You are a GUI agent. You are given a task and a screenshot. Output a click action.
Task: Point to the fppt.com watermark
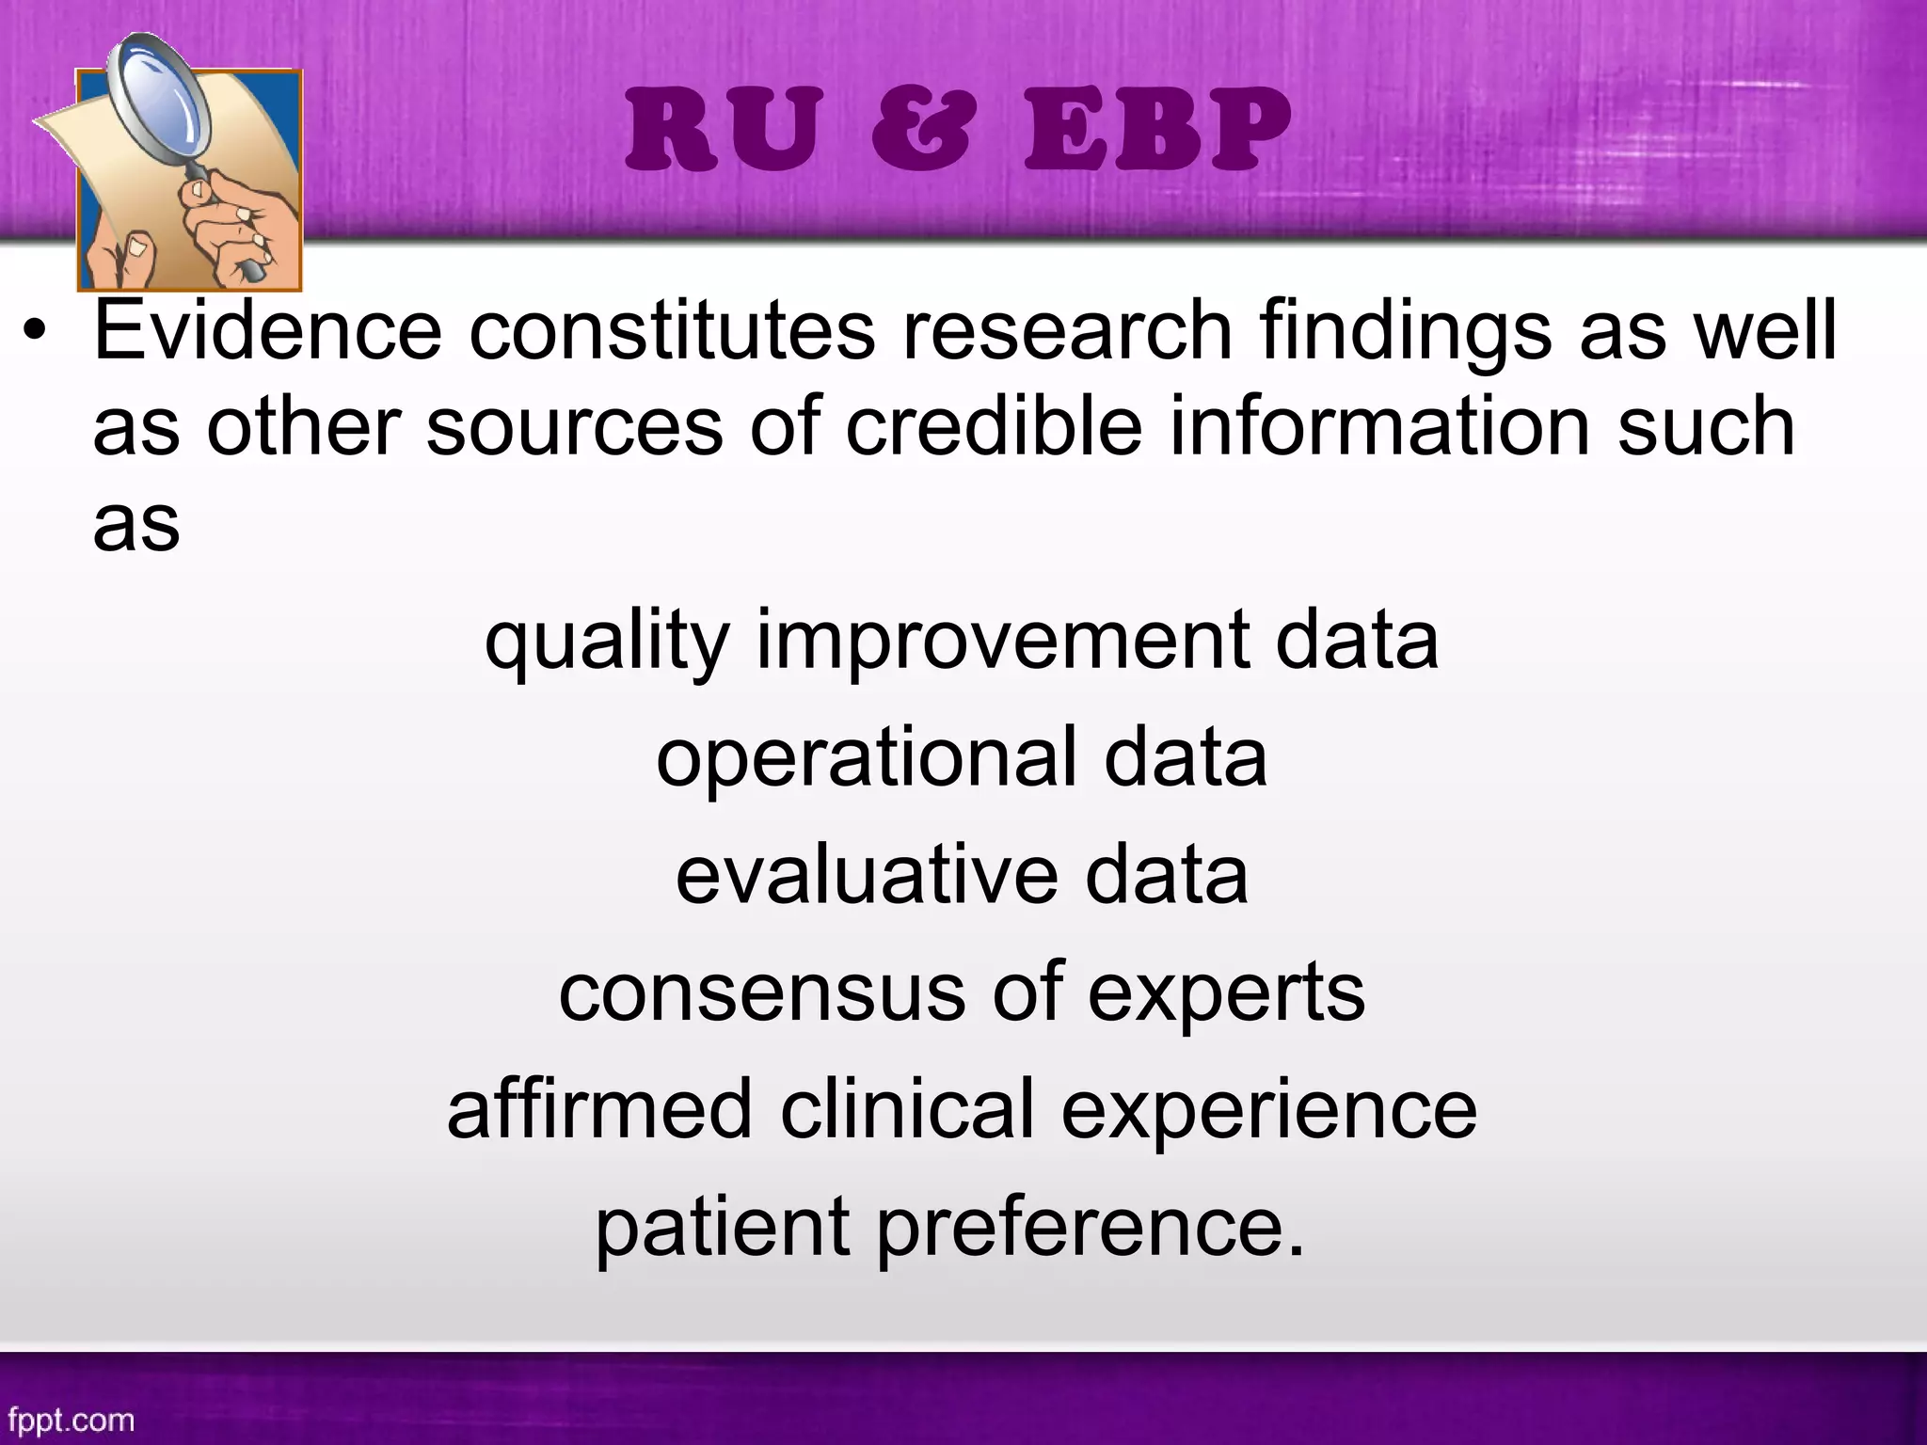71,1419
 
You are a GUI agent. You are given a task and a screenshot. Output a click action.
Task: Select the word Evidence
267,330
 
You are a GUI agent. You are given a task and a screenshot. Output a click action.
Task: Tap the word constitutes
672,330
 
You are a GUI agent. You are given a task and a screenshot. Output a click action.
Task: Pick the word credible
994,426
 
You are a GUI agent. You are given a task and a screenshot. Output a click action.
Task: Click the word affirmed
599,1109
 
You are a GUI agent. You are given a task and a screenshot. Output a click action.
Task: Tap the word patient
722,1228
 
